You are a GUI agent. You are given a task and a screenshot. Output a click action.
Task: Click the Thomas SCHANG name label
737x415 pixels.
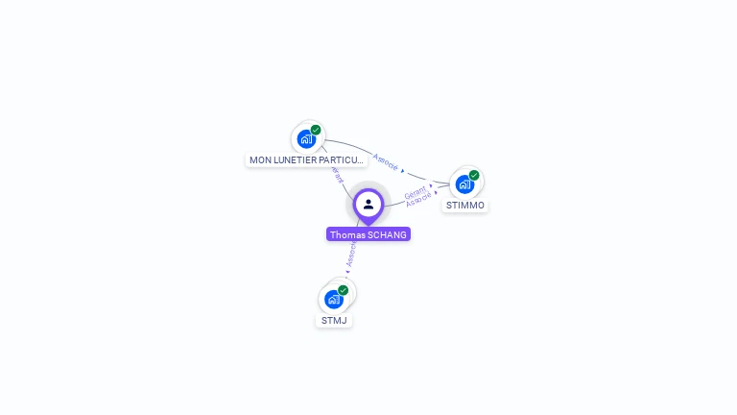(368, 234)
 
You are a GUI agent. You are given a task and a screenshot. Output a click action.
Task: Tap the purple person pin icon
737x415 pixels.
(368, 205)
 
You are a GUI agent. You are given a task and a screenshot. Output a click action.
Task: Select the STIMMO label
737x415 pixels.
(465, 206)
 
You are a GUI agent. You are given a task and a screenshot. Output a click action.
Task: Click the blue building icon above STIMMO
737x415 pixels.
(464, 183)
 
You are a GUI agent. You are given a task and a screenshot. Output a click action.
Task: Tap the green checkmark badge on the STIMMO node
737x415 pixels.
(474, 175)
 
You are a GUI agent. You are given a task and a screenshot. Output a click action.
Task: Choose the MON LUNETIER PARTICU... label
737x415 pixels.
(306, 160)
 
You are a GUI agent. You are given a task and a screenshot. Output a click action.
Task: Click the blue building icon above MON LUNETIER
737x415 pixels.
(306, 138)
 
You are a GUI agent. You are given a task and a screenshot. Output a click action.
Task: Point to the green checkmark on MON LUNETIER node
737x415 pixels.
(316, 130)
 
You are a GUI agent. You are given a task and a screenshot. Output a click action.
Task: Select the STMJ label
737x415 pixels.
(334, 321)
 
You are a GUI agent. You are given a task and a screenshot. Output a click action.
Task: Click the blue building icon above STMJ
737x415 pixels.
(333, 299)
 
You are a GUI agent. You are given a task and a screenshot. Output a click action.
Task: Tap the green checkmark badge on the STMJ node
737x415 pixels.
(343, 290)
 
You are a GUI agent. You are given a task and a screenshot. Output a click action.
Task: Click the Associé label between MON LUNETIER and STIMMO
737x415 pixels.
(386, 160)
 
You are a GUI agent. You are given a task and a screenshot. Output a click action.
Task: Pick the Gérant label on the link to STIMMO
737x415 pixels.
(415, 191)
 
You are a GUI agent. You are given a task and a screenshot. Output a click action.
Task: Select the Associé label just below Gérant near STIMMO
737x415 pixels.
(418, 199)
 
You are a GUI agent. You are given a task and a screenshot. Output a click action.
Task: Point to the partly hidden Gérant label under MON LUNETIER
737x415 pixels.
(336, 175)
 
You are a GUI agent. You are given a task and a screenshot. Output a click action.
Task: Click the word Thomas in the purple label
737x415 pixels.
(347, 234)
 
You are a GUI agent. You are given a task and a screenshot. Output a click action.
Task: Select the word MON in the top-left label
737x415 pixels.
(259, 160)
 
